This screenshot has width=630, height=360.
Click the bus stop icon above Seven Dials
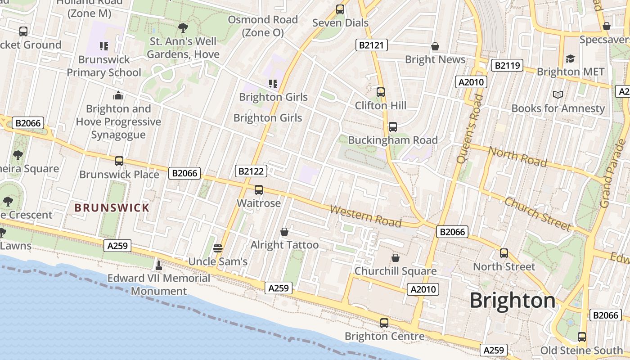click(x=340, y=9)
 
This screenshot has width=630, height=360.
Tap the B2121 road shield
click(x=372, y=45)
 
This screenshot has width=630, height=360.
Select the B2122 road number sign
click(x=251, y=171)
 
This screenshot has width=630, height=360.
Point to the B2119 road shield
click(x=507, y=66)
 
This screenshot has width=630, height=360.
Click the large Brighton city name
click(x=513, y=301)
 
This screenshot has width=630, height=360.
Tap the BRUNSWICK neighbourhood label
click(x=112, y=208)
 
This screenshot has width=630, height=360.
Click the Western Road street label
click(x=365, y=216)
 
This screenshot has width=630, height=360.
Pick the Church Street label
click(x=537, y=214)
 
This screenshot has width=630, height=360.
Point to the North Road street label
click(x=517, y=157)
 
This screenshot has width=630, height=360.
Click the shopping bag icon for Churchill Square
click(x=395, y=258)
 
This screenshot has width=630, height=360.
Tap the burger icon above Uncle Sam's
click(x=218, y=248)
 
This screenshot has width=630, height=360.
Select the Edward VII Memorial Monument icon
click(x=158, y=265)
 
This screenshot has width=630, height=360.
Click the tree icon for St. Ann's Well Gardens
click(x=183, y=28)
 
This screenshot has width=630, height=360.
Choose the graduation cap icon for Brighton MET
click(x=570, y=58)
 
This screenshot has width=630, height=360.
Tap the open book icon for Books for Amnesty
click(x=558, y=94)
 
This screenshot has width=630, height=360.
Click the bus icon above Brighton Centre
click(x=384, y=323)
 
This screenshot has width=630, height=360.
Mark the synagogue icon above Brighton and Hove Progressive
click(x=118, y=95)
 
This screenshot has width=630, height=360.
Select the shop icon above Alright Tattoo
click(x=284, y=232)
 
